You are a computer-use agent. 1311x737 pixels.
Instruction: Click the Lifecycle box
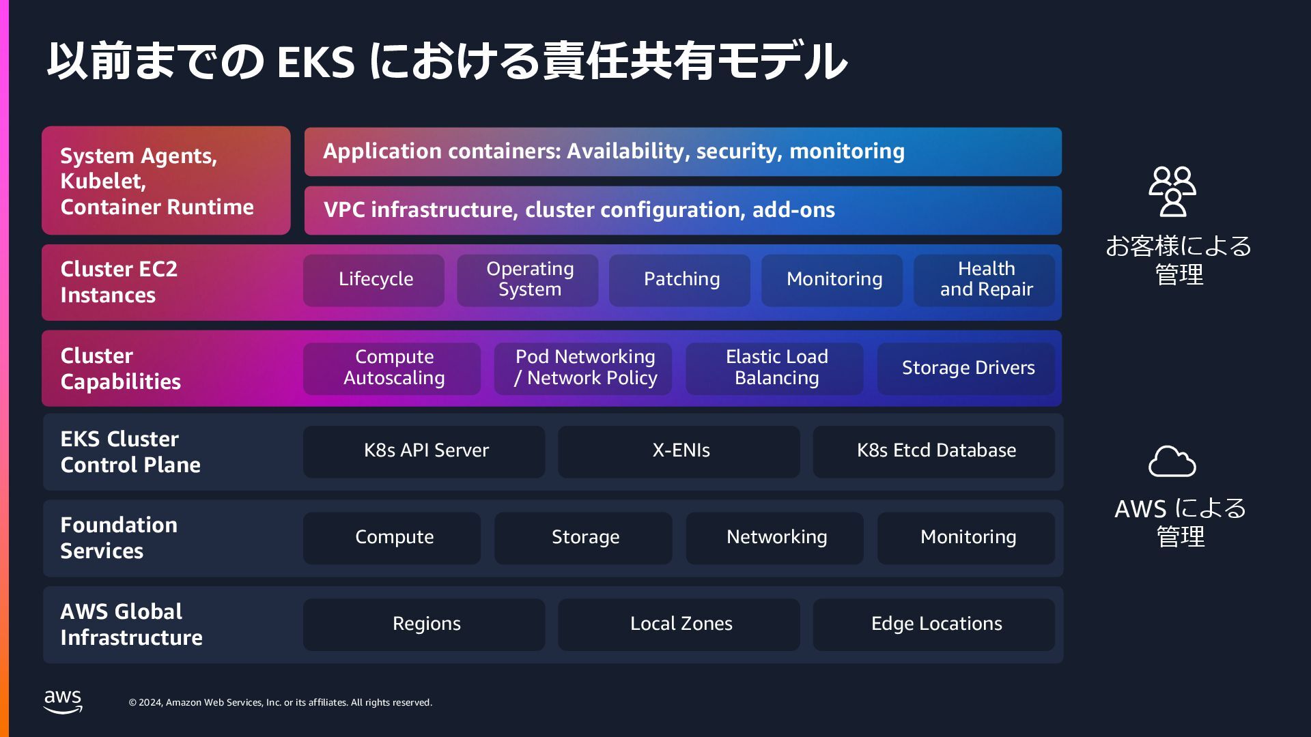[374, 280]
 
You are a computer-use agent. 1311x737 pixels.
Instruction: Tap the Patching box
[680, 280]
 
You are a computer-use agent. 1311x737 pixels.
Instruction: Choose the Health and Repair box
[985, 280]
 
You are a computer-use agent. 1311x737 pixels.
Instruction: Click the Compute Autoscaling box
[393, 368]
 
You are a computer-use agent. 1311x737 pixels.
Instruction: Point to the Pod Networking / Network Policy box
[584, 368]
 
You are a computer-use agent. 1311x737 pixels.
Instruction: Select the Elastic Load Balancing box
[775, 368]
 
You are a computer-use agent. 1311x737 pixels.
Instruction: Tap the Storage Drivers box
[966, 368]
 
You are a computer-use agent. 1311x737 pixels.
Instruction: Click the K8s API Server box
[425, 451]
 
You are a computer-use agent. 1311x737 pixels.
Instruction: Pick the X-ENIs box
[679, 451]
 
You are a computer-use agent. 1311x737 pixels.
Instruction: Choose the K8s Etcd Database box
[934, 451]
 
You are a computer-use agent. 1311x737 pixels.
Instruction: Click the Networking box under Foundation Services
[775, 538]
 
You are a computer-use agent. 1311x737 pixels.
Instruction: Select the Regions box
[425, 624]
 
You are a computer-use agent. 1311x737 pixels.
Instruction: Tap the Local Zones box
[679, 624]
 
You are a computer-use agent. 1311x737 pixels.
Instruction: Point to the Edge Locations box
[934, 624]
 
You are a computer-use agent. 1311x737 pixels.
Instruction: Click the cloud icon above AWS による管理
[1172, 462]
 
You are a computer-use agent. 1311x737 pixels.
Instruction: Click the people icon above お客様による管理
[1172, 191]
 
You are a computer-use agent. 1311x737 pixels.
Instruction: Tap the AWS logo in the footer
[63, 702]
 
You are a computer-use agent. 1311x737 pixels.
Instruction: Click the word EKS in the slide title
[315, 61]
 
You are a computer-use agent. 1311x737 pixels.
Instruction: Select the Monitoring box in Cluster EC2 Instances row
[832, 280]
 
